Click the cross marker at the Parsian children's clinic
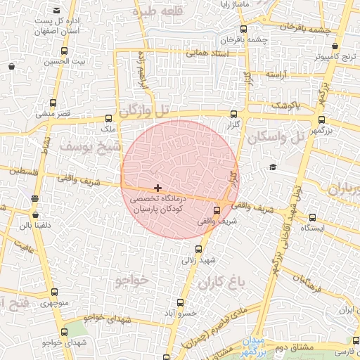point(157,188)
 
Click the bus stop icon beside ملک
point(108,119)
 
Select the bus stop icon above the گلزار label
point(233,113)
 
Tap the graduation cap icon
point(272,167)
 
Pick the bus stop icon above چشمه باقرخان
point(243,30)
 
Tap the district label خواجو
point(131,280)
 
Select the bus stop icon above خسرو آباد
point(181,302)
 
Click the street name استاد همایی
point(206,53)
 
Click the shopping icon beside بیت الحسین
point(11,66)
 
